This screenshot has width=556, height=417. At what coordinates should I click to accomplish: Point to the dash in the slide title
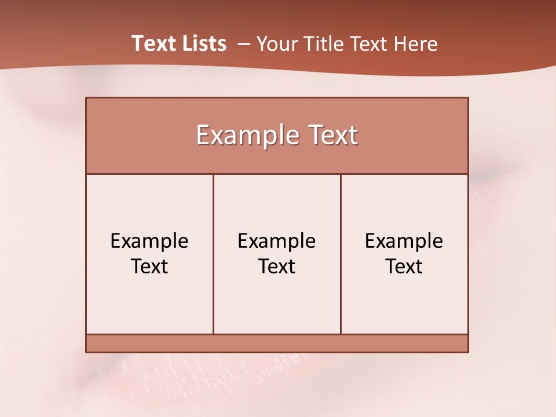tap(244, 44)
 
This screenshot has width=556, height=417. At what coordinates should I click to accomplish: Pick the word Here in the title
tap(415, 44)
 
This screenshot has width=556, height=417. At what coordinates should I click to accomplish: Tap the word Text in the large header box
tap(331, 136)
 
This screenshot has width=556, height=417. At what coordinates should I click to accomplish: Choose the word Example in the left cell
tap(149, 241)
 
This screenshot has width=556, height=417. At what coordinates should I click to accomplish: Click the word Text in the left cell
tap(149, 266)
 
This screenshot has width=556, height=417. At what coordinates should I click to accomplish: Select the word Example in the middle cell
tap(277, 241)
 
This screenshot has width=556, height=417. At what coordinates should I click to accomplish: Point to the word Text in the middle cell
tap(277, 266)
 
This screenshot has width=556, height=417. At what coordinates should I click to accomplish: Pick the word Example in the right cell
tap(404, 241)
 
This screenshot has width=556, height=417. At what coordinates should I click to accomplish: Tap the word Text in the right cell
tap(404, 266)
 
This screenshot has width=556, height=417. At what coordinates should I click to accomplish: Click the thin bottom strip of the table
tap(277, 343)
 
